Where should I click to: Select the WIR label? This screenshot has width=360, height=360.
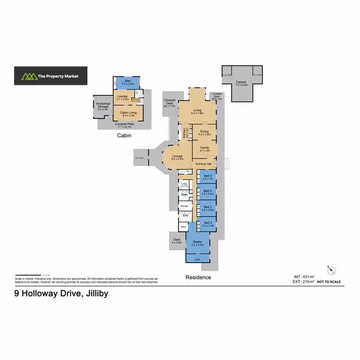pyautogui.click(x=197, y=259)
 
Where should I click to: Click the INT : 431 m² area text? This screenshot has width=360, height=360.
pyautogui.click(x=304, y=277)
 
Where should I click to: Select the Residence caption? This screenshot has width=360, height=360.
pyautogui.click(x=198, y=277)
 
